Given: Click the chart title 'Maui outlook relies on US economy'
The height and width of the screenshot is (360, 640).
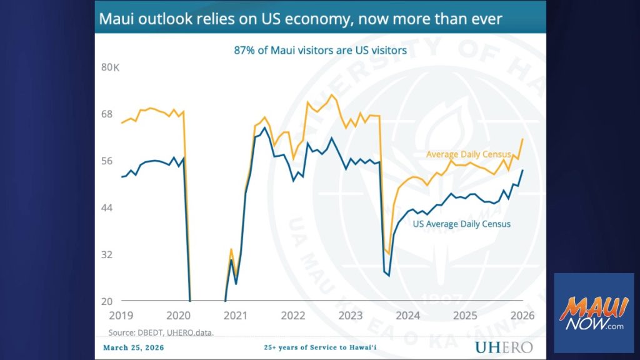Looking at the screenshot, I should pyautogui.click(x=300, y=19).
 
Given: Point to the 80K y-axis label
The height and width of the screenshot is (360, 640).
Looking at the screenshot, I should pyautogui.click(x=110, y=67).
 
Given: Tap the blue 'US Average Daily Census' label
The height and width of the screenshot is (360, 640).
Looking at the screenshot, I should pyautogui.click(x=462, y=224).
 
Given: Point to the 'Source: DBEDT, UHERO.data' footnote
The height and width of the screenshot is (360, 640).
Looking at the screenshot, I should pyautogui.click(x=161, y=332).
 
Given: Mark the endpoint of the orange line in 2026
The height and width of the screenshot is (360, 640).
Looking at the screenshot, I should pyautogui.click(x=522, y=139).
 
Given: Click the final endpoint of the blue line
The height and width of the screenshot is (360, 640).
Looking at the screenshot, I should pyautogui.click(x=522, y=170).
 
